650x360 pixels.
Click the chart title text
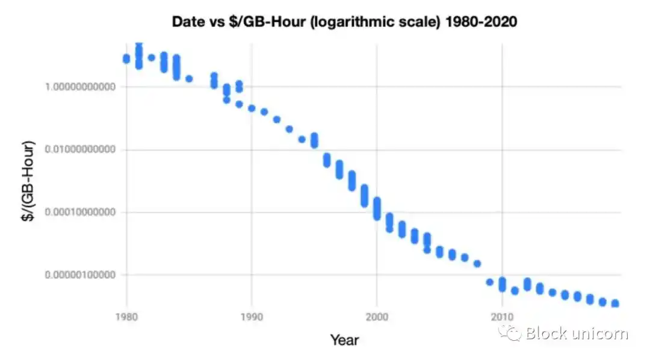pos(344,22)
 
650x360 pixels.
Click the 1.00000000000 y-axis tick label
pos(81,87)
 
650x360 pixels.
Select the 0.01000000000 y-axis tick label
pos(81,149)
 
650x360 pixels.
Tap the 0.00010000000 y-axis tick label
pos(81,212)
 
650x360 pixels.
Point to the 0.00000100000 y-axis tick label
pos(81,275)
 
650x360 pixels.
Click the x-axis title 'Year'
pos(344,340)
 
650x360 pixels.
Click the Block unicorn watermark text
pos(576,334)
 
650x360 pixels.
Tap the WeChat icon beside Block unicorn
pos(513,333)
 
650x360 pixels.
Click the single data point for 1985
pos(189,79)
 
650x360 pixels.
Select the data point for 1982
pos(152,58)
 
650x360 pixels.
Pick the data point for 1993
pos(289,129)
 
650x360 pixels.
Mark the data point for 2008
pos(477,264)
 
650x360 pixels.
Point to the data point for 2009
pos(489,282)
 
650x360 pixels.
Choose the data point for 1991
pos(264,112)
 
